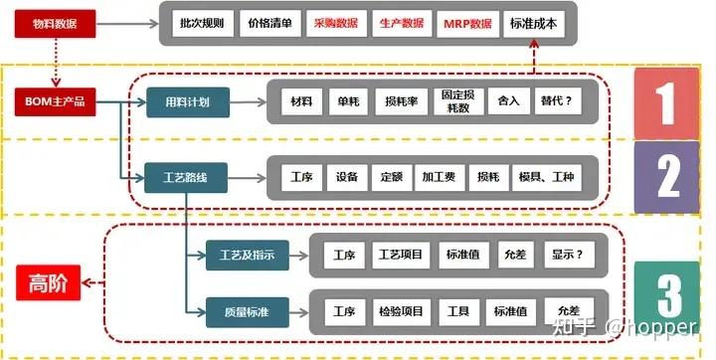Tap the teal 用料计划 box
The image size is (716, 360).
click(186, 101)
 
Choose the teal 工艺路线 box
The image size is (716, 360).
click(186, 179)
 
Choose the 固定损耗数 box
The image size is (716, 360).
click(456, 101)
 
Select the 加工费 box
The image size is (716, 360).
click(438, 178)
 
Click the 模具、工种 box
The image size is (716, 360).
click(546, 178)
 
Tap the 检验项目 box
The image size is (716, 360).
click(402, 312)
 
